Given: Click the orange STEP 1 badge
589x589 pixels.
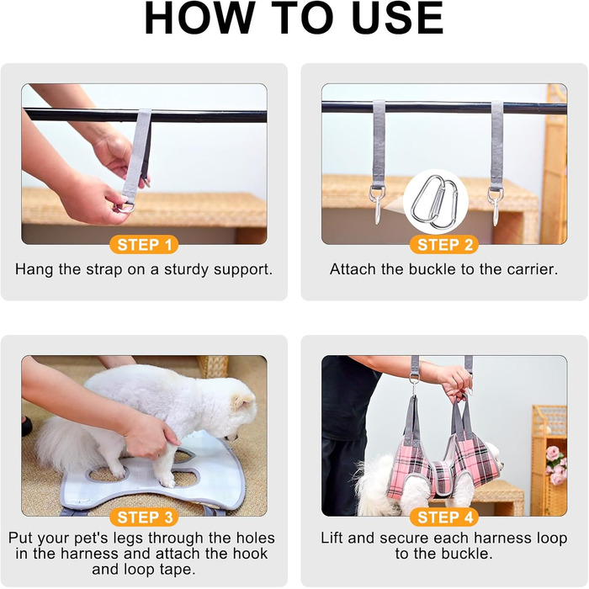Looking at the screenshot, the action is [144, 245].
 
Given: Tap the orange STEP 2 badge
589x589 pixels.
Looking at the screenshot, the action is [444, 245].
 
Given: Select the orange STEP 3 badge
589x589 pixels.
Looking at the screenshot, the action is [144, 517].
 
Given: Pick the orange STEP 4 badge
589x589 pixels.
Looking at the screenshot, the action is [444, 517].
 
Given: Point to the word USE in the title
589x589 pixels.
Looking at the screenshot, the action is [398, 19].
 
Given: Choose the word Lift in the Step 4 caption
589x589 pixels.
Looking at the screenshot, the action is [332, 538].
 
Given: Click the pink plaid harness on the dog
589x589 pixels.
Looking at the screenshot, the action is [443, 466].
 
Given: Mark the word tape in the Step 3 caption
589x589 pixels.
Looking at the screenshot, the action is [179, 570].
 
